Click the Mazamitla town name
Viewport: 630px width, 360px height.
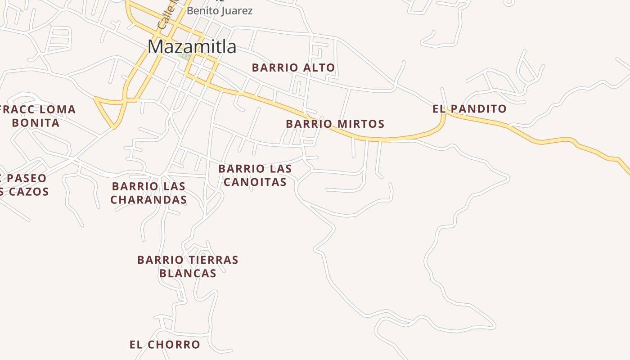pos(192,47)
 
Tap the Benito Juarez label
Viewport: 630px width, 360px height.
pos(220,11)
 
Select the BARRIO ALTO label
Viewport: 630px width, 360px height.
pos(293,68)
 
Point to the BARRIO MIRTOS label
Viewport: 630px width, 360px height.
pos(335,124)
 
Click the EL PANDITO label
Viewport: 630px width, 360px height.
pos(469,109)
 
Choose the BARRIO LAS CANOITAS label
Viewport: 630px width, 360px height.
pos(255,175)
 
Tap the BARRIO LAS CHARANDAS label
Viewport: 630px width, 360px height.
pos(148,193)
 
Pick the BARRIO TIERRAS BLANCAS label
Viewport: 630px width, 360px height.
pos(188,266)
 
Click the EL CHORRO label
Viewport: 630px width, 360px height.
pos(165,345)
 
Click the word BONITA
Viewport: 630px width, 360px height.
pos(36,123)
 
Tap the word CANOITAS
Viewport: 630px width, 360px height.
pos(255,182)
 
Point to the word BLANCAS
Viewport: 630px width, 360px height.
pos(188,273)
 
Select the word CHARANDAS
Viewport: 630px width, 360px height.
pos(148,200)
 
